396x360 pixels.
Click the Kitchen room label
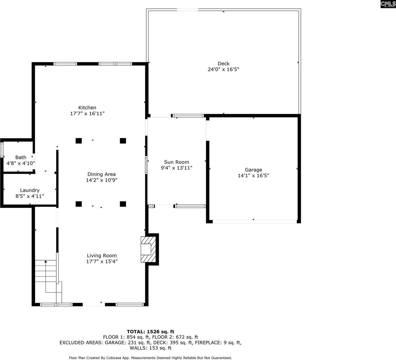(x=87, y=107)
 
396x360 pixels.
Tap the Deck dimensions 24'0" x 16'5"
(x=223, y=69)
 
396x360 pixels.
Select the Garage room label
(x=253, y=170)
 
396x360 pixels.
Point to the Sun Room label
(x=177, y=162)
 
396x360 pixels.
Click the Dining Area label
(x=101, y=174)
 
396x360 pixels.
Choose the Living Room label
(x=102, y=256)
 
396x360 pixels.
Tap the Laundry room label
(x=30, y=190)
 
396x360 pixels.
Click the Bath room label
(x=21, y=157)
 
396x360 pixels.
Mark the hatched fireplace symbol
(x=149, y=249)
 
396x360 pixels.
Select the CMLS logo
(x=388, y=4)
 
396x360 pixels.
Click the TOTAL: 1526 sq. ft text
(x=150, y=332)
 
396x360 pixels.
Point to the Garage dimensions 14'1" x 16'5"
(x=253, y=176)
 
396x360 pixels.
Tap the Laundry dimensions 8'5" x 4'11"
(x=30, y=196)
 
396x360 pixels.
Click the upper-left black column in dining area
(x=79, y=141)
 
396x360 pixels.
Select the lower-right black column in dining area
(x=123, y=204)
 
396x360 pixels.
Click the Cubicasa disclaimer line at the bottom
(x=150, y=358)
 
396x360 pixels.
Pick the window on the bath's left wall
(x=2, y=150)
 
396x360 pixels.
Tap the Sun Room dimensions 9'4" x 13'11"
(x=177, y=168)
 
